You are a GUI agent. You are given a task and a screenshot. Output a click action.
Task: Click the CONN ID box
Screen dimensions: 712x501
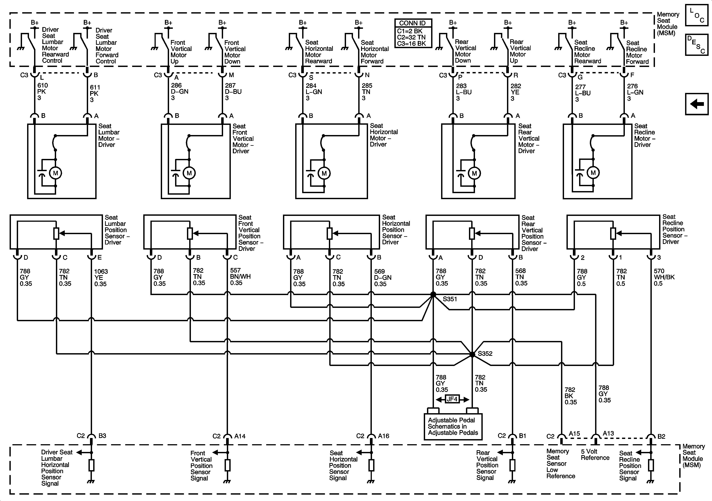pos(413,33)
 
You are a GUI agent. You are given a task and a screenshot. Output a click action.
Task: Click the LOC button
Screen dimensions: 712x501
pos(697,15)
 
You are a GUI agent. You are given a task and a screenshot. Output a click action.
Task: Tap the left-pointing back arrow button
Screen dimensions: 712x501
pos(697,104)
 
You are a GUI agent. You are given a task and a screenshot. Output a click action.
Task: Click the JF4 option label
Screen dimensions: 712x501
pos(452,399)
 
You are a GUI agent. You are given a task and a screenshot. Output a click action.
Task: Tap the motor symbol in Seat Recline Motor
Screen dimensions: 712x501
pos(593,173)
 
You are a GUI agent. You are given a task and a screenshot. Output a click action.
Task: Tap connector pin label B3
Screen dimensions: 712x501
pos(102,436)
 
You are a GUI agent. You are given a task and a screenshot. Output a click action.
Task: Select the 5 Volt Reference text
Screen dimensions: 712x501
pos(595,455)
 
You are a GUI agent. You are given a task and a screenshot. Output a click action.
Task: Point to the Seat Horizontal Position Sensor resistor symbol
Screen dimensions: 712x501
pos(330,234)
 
